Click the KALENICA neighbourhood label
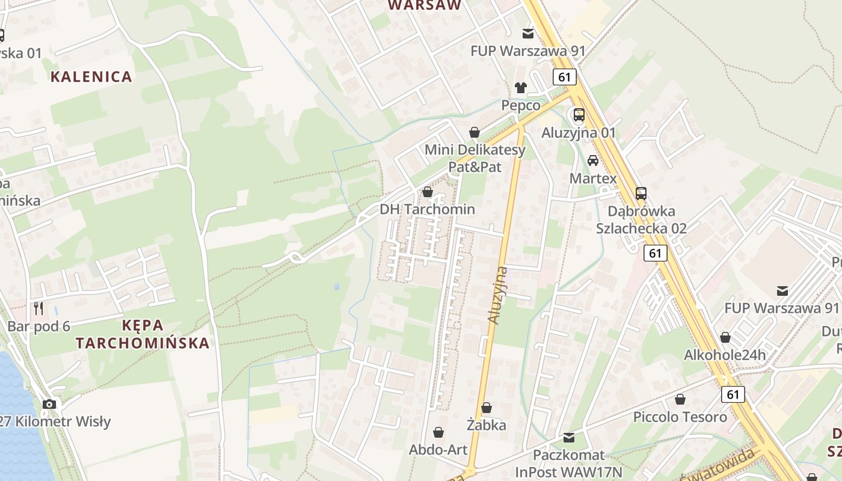point(91,76)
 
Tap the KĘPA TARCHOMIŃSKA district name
point(143,334)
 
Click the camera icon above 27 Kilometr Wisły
point(49,404)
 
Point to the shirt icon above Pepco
point(520,88)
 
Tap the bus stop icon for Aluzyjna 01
point(579,115)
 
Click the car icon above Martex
point(593,161)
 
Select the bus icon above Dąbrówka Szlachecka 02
point(641,194)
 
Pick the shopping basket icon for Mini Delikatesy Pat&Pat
point(475,132)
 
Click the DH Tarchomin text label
point(427,210)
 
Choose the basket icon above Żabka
point(486,408)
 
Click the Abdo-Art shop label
point(438,450)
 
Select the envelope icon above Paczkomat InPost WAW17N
point(568,438)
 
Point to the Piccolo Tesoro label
point(680,417)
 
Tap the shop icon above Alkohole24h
point(725,337)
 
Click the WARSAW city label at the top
point(425,5)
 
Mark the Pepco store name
point(521,106)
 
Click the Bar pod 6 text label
point(39,326)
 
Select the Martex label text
point(593,179)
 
